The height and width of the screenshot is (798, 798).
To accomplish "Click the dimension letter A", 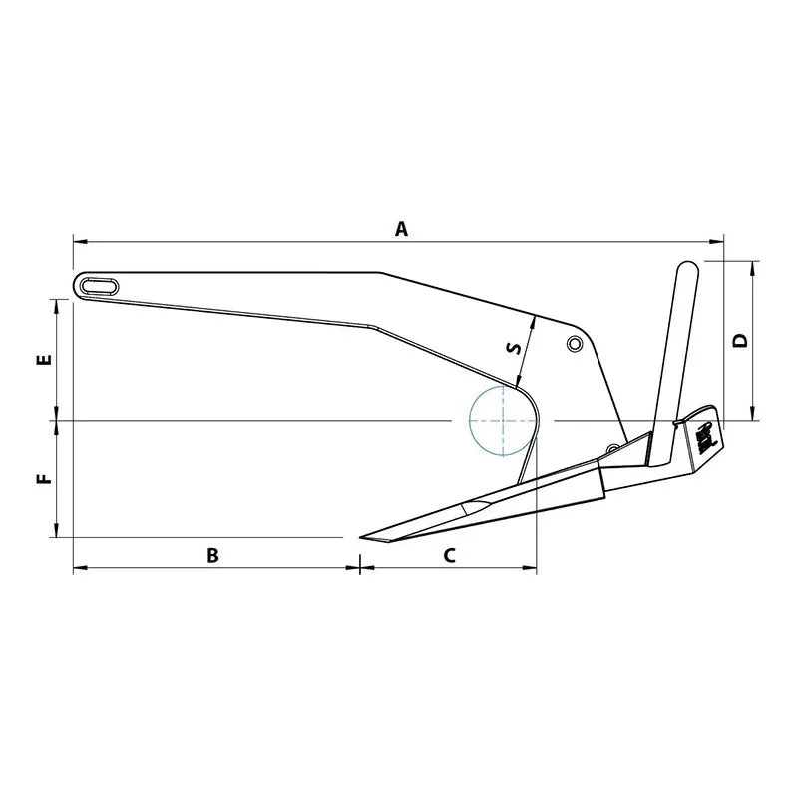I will click(x=401, y=229).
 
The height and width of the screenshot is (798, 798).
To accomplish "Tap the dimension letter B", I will click(x=211, y=556).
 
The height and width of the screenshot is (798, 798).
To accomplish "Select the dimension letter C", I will click(x=449, y=556).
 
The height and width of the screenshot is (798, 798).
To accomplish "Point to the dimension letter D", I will click(x=739, y=341).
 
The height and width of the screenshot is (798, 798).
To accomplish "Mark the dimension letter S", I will click(x=513, y=348).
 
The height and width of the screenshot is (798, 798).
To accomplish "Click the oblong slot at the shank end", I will click(x=99, y=285).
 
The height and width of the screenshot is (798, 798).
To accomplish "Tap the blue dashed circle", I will click(x=503, y=420).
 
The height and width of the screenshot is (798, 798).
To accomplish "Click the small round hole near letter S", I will click(x=574, y=344).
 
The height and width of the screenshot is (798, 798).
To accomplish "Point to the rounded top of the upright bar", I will click(x=687, y=269).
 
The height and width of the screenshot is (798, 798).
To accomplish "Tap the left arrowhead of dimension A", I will click(x=77, y=241).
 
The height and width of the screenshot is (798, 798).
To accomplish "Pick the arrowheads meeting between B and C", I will click(x=358, y=569).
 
